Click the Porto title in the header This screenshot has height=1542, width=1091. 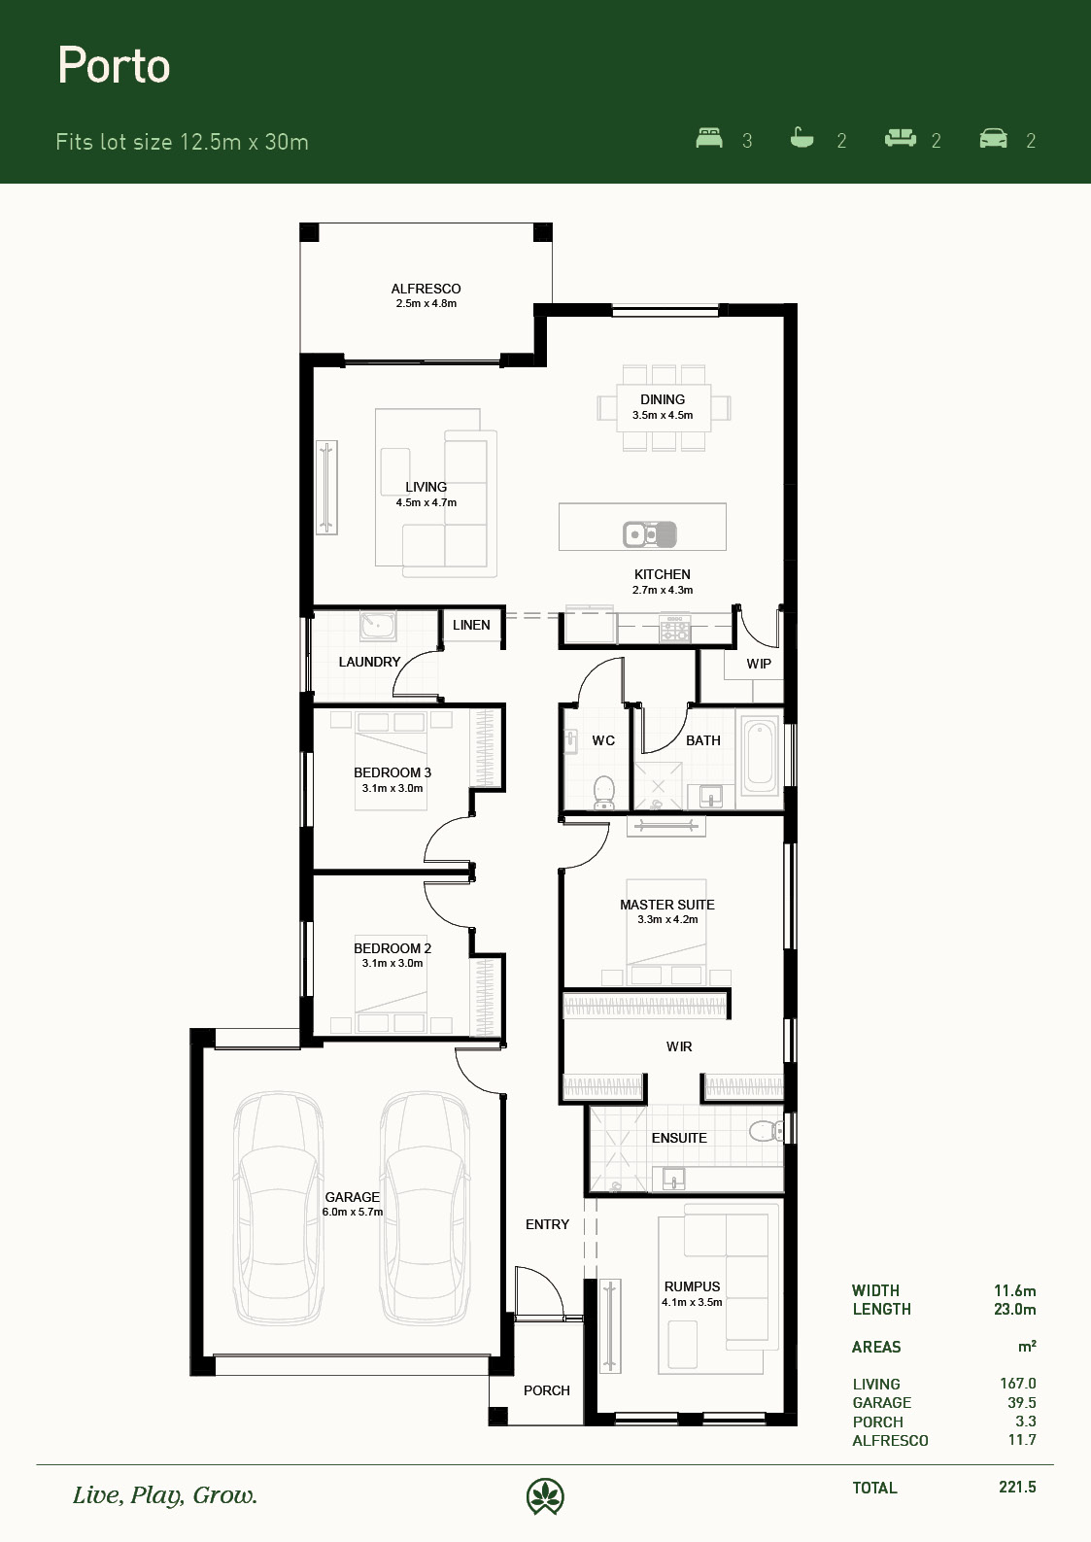point(115,65)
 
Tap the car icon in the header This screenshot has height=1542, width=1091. point(993,138)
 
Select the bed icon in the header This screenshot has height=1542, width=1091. point(709,138)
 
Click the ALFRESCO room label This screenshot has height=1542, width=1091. point(426,290)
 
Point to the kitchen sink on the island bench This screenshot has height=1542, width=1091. point(650,534)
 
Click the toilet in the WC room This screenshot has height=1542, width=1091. point(604,792)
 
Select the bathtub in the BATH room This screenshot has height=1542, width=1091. point(760,753)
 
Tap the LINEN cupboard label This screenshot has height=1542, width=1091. point(471,625)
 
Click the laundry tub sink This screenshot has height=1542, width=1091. point(377,625)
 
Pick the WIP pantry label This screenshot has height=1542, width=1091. point(759,664)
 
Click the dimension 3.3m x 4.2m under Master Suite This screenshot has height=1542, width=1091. point(667,919)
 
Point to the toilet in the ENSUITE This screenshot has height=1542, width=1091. point(767,1130)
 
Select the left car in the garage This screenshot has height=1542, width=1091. point(278,1208)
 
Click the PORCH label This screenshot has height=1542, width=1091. point(547,1390)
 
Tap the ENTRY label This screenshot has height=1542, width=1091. point(547,1224)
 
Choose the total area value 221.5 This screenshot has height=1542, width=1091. point(1017,1487)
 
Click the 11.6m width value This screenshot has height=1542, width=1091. point(1014,1290)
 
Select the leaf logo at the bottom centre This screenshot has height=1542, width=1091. point(545,1496)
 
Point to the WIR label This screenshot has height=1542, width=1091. point(679,1047)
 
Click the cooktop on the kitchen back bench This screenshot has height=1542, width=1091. point(674,628)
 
